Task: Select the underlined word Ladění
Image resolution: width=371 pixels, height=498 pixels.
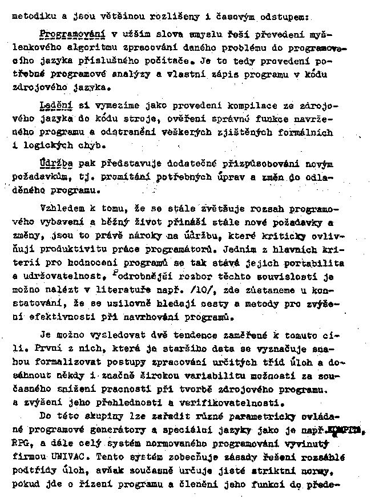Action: pos(53,106)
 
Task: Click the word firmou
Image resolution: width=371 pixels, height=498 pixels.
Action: pos(26,456)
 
